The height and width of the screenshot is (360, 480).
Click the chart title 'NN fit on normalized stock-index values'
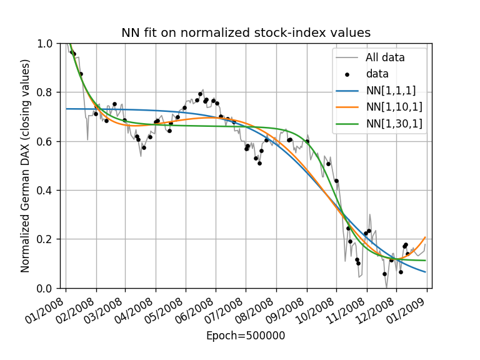point(246,33)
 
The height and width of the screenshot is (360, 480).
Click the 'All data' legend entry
point(385,57)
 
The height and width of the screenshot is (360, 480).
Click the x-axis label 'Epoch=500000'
point(246,336)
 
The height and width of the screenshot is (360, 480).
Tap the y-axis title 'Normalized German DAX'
point(26,166)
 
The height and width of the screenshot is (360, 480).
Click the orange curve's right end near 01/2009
point(425,237)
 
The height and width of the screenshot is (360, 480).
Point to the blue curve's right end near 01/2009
point(425,272)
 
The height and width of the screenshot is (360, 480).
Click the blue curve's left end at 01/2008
point(67,109)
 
